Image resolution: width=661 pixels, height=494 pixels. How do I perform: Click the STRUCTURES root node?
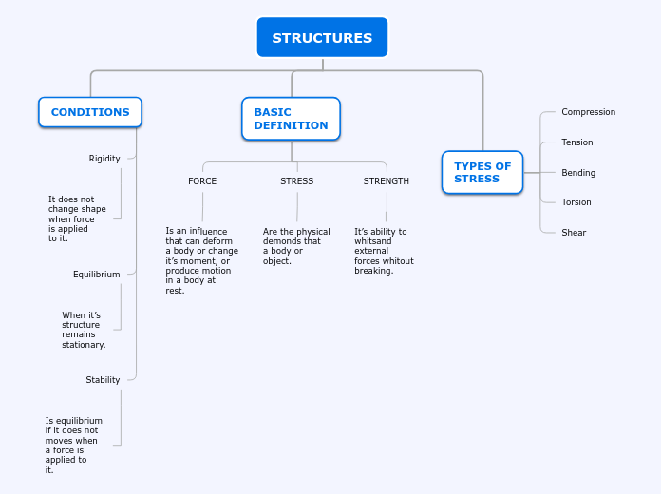[322, 38]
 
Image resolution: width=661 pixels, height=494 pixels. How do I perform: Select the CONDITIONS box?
[90, 112]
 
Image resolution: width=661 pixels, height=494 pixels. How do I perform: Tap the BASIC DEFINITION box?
[291, 119]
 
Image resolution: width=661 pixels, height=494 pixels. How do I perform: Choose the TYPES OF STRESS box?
[482, 172]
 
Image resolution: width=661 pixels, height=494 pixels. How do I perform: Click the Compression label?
[588, 112]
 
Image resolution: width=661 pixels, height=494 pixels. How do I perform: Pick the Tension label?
[576, 142]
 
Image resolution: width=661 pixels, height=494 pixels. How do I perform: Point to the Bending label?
[578, 173]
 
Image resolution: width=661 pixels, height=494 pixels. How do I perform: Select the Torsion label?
[576, 202]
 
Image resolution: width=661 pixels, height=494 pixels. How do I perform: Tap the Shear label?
[574, 233]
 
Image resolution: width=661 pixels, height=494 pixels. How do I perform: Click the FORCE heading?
[202, 181]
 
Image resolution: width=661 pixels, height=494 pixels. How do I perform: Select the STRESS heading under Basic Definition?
[296, 181]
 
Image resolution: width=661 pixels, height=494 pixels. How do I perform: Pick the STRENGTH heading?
[387, 181]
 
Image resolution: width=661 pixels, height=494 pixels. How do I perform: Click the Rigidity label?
[104, 159]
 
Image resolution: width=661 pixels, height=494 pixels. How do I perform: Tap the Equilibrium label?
[97, 275]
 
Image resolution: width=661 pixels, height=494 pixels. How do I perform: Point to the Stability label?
[103, 380]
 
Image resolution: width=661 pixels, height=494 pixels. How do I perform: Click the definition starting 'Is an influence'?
[201, 260]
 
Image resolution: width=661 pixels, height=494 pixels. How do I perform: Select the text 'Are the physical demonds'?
[296, 246]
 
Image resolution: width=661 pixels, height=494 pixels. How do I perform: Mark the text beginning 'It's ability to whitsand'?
[384, 251]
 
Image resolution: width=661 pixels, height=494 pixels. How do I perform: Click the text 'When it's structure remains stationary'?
[84, 330]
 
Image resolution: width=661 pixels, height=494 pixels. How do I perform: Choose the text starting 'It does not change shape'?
[77, 218]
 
